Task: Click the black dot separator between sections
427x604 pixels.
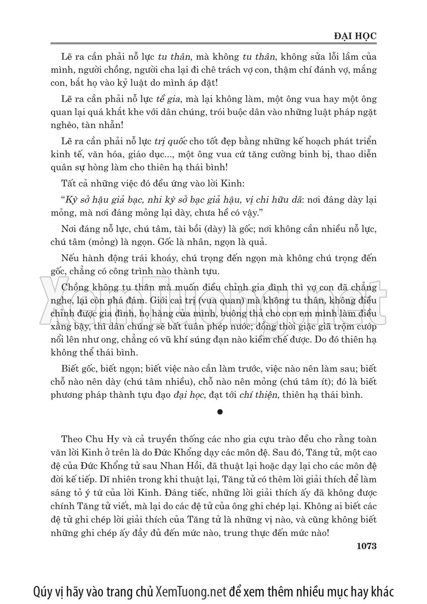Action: pos(220,413)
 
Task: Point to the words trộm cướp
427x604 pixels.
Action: pos(356,328)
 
